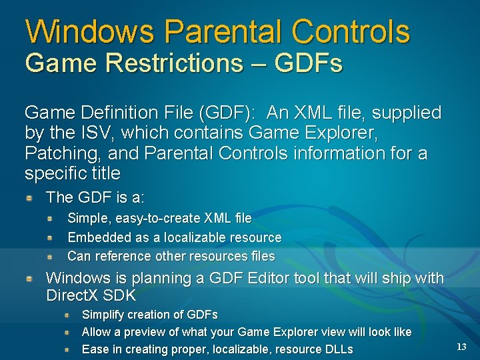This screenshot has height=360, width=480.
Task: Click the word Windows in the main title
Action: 90,31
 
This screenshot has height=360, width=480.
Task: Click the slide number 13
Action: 461,347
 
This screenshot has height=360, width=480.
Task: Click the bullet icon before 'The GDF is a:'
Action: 30,198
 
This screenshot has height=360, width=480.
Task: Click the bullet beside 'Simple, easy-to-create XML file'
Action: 51,218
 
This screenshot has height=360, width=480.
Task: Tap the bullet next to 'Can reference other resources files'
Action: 51,256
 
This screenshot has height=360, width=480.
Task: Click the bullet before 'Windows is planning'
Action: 30,278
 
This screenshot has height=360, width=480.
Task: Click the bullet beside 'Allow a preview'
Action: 67,332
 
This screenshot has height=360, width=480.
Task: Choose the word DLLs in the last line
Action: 336,349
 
